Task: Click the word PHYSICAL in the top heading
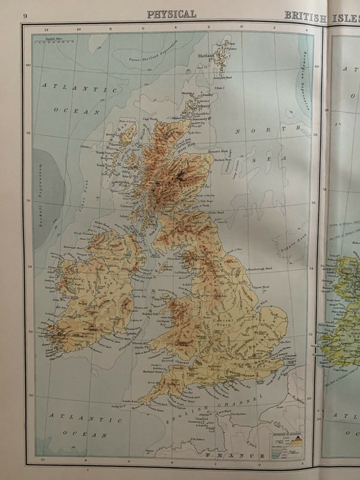(x=172, y=14)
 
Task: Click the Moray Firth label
(x=196, y=144)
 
